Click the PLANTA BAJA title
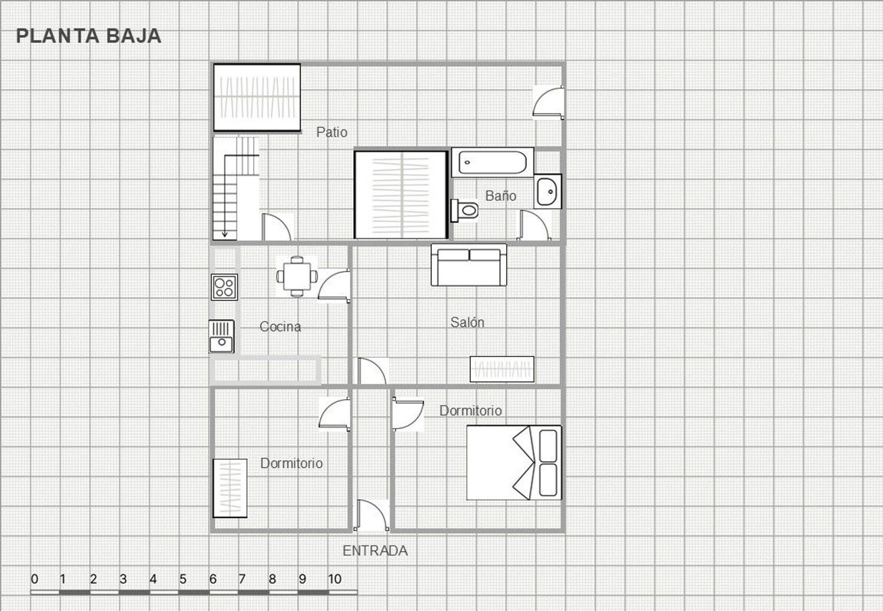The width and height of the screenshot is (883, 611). click(89, 36)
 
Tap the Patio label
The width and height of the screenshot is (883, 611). click(331, 132)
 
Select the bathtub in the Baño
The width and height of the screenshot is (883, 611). click(493, 162)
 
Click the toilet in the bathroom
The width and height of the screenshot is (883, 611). click(464, 210)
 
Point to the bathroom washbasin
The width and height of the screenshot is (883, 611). click(547, 191)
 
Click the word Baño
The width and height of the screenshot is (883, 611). click(500, 195)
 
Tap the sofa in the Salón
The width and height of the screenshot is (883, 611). click(469, 265)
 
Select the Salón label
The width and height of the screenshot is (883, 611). click(467, 323)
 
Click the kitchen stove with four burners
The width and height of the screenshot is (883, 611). click(224, 287)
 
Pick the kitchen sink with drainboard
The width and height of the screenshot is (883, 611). click(221, 337)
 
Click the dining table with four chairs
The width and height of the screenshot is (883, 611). click(297, 276)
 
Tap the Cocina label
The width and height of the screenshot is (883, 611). click(280, 326)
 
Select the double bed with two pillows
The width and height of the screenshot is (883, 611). click(514, 463)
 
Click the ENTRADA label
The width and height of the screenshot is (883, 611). click(375, 551)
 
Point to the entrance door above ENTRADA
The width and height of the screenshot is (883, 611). click(371, 515)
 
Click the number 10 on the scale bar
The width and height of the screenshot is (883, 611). click(335, 579)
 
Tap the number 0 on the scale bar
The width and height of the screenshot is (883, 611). click(35, 579)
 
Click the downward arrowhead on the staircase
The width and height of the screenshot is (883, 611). click(225, 234)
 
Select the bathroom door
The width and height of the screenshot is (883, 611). click(535, 225)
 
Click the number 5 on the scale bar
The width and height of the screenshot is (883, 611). click(183, 579)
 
